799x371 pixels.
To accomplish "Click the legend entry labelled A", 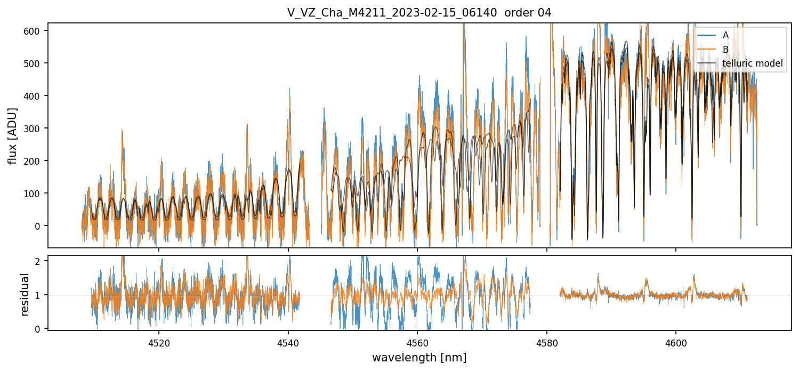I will click(725, 35).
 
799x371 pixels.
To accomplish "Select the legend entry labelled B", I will click(725, 50).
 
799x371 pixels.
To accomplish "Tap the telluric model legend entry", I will click(752, 63).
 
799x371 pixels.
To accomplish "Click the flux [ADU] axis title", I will click(12, 135).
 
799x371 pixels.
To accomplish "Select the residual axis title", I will click(25, 294).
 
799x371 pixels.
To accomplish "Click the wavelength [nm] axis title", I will click(419, 358).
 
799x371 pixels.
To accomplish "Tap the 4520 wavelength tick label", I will click(159, 343).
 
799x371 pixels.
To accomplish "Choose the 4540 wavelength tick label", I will click(288, 343).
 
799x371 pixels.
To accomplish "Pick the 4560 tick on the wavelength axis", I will click(417, 343).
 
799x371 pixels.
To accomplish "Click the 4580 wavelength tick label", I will click(547, 343).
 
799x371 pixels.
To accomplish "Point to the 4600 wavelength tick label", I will click(676, 343).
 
